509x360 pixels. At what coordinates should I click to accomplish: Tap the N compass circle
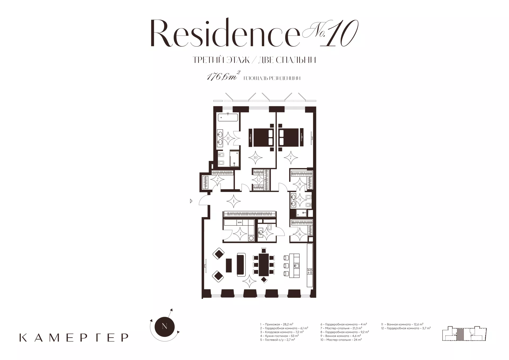click(x=164, y=326)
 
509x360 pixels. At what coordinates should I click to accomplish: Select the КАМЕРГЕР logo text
click(x=74, y=337)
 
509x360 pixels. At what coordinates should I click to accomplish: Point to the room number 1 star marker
click(x=234, y=201)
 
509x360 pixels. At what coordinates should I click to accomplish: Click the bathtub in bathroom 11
click(x=228, y=117)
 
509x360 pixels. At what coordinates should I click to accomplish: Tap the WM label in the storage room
click(x=239, y=222)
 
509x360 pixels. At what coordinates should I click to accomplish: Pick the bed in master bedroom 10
click(x=261, y=137)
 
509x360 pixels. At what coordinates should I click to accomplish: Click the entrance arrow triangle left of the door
click(x=191, y=201)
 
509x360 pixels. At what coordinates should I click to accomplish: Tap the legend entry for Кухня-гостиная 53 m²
click(x=279, y=336)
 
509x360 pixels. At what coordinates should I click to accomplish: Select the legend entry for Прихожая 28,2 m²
click(x=277, y=324)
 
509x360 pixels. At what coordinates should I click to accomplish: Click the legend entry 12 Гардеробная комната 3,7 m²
click(x=406, y=328)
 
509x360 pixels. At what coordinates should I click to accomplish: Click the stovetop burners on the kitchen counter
click(x=310, y=271)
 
